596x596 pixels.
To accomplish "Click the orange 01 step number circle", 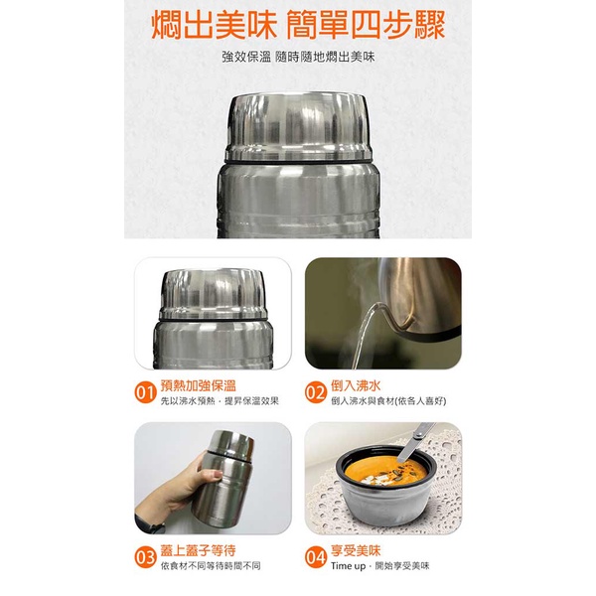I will pyautogui.click(x=145, y=391).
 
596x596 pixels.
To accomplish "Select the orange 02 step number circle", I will pyautogui.click(x=316, y=391).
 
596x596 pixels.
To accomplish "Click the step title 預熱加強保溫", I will pyautogui.click(x=198, y=384).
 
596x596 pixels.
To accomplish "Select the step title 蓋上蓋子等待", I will pyautogui.click(x=198, y=549).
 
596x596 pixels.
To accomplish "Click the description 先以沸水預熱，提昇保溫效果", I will pyautogui.click(x=220, y=401).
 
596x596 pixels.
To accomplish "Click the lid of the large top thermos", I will pyautogui.click(x=298, y=124).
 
